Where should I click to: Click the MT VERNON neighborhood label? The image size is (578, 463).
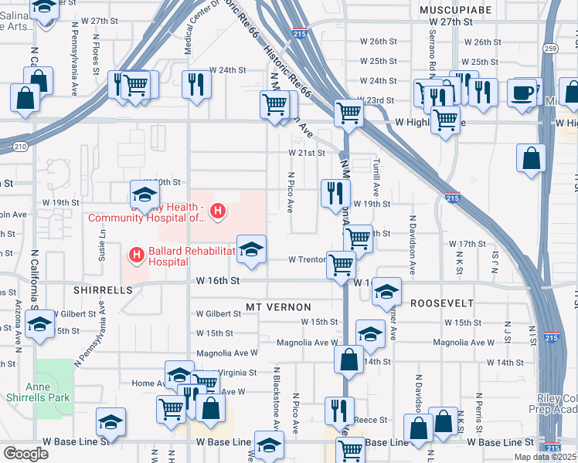tap(277, 307)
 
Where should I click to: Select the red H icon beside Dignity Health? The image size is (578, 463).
tap(219, 210)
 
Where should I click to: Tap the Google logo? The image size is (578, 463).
tap(25, 454)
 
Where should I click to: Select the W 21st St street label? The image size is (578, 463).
tap(307, 153)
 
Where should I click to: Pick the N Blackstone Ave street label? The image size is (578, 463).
tap(276, 398)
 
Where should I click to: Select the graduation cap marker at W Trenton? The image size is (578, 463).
tap(250, 248)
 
